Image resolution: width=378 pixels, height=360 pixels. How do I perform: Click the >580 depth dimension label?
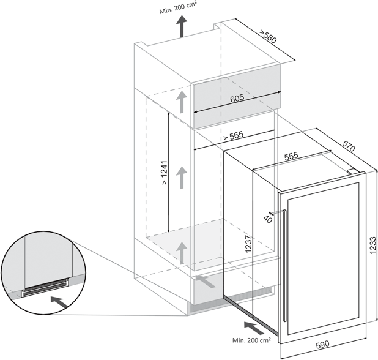267,37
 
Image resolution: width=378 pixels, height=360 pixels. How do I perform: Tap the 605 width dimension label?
237,98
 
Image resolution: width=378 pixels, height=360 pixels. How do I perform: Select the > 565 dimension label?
233,136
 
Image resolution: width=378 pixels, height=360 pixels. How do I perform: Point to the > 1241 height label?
164,172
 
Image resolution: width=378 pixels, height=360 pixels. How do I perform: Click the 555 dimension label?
292,156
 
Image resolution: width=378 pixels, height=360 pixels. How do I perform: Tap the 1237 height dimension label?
248,244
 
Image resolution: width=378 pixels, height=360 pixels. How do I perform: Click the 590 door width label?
322,344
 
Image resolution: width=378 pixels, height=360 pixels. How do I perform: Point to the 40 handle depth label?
268,219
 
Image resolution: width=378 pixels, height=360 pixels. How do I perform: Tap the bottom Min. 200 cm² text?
251,340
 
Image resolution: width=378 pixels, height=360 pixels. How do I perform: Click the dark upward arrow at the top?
181,26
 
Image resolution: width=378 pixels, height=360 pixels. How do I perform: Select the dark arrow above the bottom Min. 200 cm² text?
254,328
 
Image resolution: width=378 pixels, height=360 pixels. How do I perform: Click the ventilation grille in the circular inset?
45,287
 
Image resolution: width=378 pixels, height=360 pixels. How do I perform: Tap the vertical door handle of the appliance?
285,266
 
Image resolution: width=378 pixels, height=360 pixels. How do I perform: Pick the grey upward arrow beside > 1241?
182,178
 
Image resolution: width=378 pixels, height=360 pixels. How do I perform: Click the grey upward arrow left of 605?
182,102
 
